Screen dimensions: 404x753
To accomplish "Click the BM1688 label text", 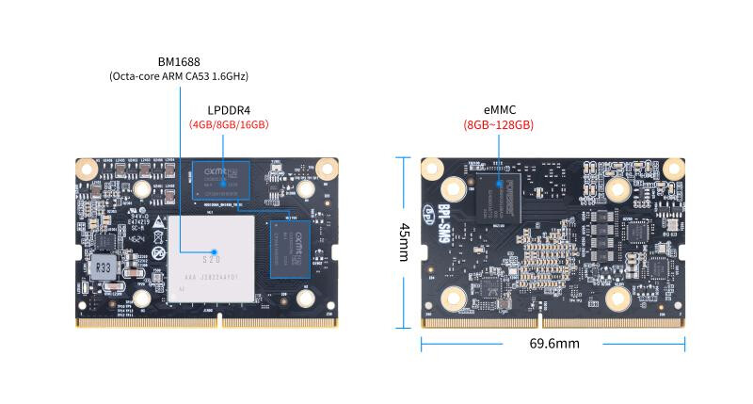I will (178, 60).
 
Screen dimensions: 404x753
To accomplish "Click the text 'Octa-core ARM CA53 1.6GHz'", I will (178, 76).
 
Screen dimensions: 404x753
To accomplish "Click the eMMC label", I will (499, 109).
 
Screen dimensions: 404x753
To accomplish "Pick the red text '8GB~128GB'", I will (499, 124).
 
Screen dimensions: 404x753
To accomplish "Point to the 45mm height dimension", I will (405, 243).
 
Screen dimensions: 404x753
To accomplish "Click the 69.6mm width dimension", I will (554, 344).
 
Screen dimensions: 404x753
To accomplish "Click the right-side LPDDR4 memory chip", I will (289, 248).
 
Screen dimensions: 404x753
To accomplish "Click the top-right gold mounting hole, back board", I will (673, 168).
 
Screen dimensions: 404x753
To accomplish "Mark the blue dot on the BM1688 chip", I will (216, 252).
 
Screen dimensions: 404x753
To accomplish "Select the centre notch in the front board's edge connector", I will (218, 319).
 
